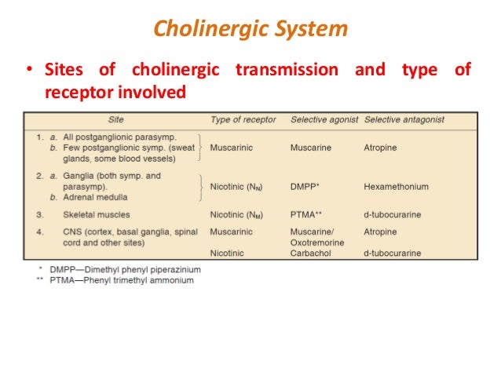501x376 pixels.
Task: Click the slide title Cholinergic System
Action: pos(250,30)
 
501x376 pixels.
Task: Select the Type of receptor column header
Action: pos(243,120)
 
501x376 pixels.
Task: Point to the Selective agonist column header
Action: pos(324,120)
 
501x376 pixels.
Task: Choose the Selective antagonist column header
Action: pos(404,120)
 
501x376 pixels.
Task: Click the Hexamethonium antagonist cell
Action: pos(396,188)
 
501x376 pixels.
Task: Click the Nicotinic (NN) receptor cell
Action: pos(239,188)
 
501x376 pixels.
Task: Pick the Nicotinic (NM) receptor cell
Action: pos(240,214)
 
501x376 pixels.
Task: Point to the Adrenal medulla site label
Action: pos(97,197)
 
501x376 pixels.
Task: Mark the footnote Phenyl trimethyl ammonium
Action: pos(126,280)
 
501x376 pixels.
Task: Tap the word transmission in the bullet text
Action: pos(287,71)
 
